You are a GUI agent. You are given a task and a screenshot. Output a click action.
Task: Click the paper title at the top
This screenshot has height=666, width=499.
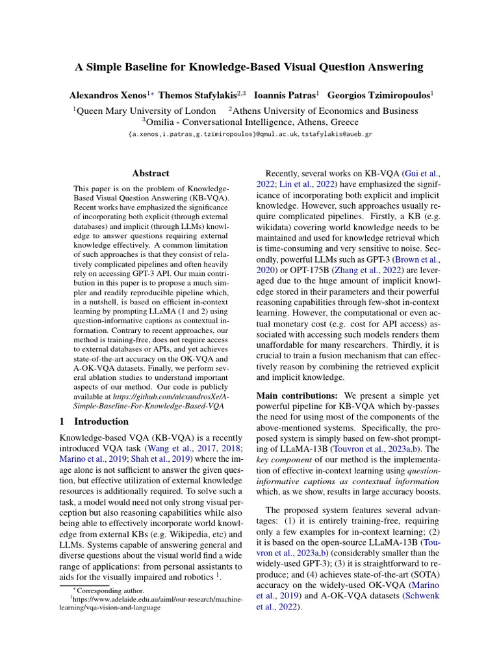[x=249, y=67]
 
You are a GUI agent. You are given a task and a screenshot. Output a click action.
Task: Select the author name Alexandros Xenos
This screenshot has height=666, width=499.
[x=108, y=95]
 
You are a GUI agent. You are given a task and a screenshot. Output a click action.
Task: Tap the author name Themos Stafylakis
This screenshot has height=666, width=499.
[x=199, y=95]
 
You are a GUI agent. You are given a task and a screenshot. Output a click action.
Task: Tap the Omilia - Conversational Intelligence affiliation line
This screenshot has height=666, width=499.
[x=249, y=122]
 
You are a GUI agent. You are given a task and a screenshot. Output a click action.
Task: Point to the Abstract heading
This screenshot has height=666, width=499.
[x=151, y=173]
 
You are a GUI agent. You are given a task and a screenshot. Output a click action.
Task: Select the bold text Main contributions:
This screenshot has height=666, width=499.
[x=298, y=395]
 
